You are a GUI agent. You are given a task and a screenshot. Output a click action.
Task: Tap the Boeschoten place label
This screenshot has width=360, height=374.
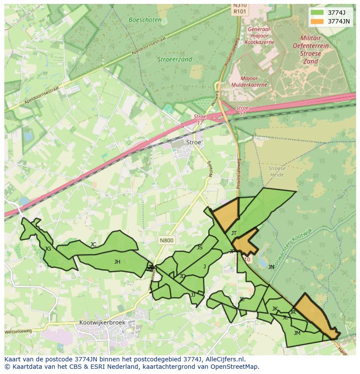(x=145, y=20)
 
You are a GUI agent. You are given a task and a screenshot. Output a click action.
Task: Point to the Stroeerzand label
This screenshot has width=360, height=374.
(x=175, y=60)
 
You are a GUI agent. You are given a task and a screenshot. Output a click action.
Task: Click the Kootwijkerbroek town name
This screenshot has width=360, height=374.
(x=102, y=323)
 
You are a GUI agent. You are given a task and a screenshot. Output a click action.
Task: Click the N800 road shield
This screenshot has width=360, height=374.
(x=166, y=240)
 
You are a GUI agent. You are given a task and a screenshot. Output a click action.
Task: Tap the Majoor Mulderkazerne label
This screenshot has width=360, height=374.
(x=249, y=82)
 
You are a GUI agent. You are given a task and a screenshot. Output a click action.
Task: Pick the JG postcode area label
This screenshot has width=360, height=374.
(x=48, y=249)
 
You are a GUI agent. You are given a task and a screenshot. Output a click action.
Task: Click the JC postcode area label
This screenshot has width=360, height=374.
(x=93, y=245)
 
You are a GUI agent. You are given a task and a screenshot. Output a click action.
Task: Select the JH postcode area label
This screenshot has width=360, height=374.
(x=117, y=262)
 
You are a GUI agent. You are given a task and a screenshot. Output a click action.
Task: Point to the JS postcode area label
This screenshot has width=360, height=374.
(x=200, y=248)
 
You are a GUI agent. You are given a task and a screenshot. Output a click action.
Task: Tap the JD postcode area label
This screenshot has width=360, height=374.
(x=183, y=276)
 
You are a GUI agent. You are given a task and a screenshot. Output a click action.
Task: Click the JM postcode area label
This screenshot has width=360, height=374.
(x=297, y=333)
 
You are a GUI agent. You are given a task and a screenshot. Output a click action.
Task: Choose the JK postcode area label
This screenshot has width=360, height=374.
(x=275, y=309)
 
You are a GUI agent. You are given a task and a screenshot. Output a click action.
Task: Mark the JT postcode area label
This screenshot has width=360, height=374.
(x=234, y=233)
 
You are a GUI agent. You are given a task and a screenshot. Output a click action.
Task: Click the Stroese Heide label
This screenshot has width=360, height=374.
(x=277, y=172)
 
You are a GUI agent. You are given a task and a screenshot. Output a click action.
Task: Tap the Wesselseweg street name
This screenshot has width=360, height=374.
(x=18, y=331)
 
